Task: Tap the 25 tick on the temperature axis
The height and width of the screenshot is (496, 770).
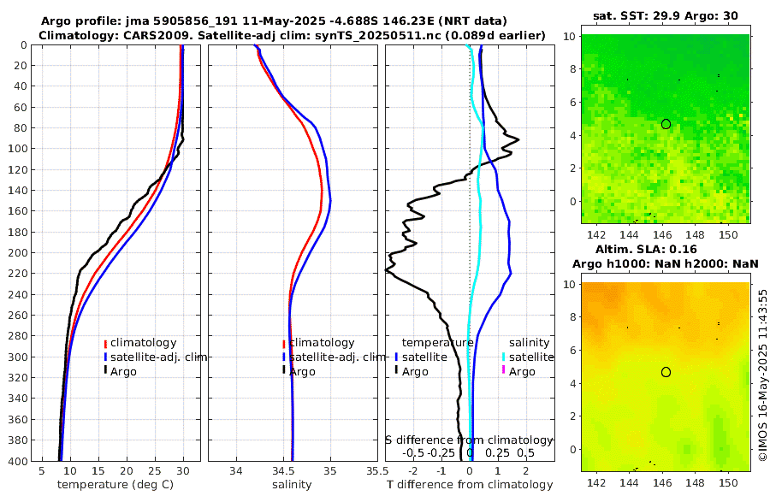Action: click(x=155, y=470)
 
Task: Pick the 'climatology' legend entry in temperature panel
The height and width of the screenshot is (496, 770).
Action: click(x=143, y=343)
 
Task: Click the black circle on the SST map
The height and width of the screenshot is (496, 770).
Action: click(x=666, y=124)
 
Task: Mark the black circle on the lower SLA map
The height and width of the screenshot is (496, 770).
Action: click(x=666, y=372)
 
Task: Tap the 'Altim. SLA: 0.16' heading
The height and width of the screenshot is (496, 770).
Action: click(x=666, y=248)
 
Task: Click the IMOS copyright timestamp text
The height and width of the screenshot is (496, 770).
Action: click(x=762, y=376)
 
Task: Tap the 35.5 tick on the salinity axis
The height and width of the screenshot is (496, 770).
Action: click(x=373, y=470)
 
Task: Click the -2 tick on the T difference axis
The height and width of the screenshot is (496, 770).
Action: click(x=414, y=470)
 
